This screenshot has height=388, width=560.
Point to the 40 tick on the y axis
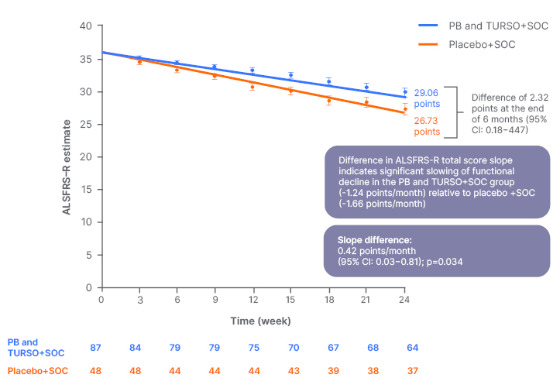pos(87,26)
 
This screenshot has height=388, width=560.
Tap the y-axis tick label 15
pos(87,189)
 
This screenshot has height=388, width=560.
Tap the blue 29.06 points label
pos(428,96)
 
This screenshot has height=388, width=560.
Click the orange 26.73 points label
pos(428,126)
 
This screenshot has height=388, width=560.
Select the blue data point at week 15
pos(290,75)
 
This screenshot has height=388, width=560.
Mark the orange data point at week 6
pos(177,70)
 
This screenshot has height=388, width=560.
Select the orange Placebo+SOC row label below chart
pos(37,370)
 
